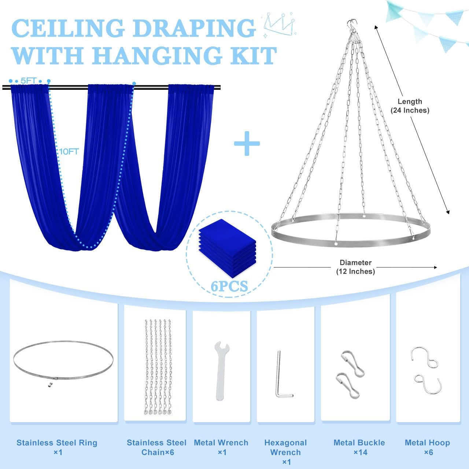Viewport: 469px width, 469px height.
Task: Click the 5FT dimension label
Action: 29,81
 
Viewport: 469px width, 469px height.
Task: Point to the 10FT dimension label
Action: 69,152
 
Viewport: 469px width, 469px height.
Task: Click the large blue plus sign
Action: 247,143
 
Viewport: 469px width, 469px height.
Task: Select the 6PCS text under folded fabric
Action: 229,286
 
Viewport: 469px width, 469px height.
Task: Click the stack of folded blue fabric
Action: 227,248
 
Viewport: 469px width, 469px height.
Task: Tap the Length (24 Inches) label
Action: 410,106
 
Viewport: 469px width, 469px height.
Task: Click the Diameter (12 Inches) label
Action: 355,267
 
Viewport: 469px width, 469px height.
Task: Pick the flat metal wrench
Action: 221,371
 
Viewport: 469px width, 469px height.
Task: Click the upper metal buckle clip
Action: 353,363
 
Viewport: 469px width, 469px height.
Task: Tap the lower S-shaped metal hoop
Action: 428,387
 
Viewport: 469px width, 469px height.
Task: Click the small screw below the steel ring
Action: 50,384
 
